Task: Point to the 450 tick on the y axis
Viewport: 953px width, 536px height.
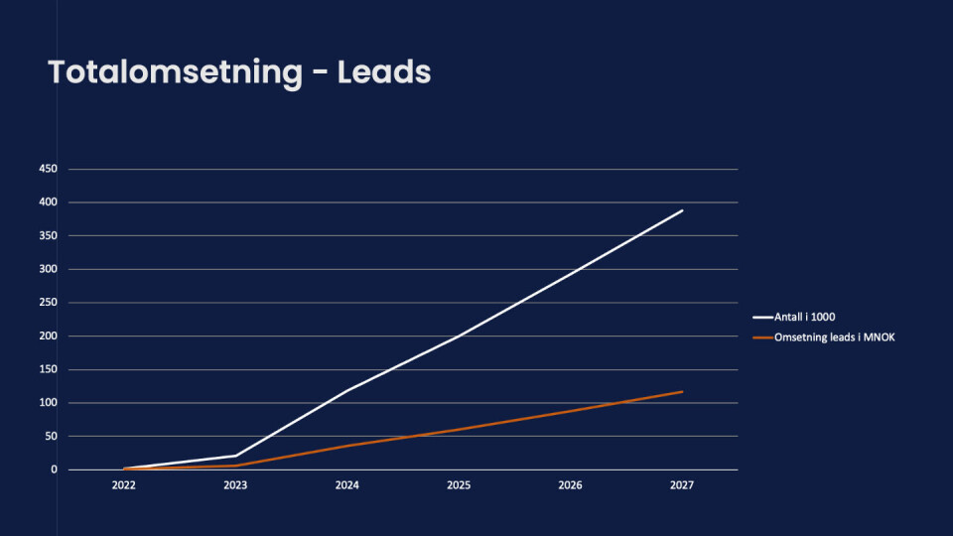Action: pyautogui.click(x=48, y=169)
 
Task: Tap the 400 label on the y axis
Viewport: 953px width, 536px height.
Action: pyautogui.click(x=48, y=202)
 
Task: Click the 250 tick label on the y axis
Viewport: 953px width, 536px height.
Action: pyautogui.click(x=48, y=303)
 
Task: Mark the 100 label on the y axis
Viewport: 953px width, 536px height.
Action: pyautogui.click(x=48, y=403)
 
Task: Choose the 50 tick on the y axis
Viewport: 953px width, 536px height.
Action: pyautogui.click(x=51, y=436)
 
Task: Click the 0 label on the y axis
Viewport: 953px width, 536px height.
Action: pyautogui.click(x=54, y=469)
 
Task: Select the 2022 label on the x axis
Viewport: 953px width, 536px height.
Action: pyautogui.click(x=124, y=486)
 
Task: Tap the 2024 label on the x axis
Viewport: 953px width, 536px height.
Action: pyautogui.click(x=347, y=486)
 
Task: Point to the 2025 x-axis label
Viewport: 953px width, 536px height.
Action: pyautogui.click(x=459, y=486)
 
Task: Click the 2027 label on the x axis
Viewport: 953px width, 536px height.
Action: pyautogui.click(x=682, y=486)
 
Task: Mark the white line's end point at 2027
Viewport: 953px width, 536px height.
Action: pyautogui.click(x=682, y=210)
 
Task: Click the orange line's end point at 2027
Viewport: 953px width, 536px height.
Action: pyautogui.click(x=682, y=391)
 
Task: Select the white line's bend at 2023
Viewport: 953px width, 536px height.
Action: pyautogui.click(x=235, y=456)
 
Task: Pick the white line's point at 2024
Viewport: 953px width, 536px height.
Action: pyautogui.click(x=347, y=390)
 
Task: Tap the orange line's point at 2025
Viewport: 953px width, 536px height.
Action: pyautogui.click(x=459, y=430)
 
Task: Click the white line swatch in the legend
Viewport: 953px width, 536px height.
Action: pyautogui.click(x=763, y=318)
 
